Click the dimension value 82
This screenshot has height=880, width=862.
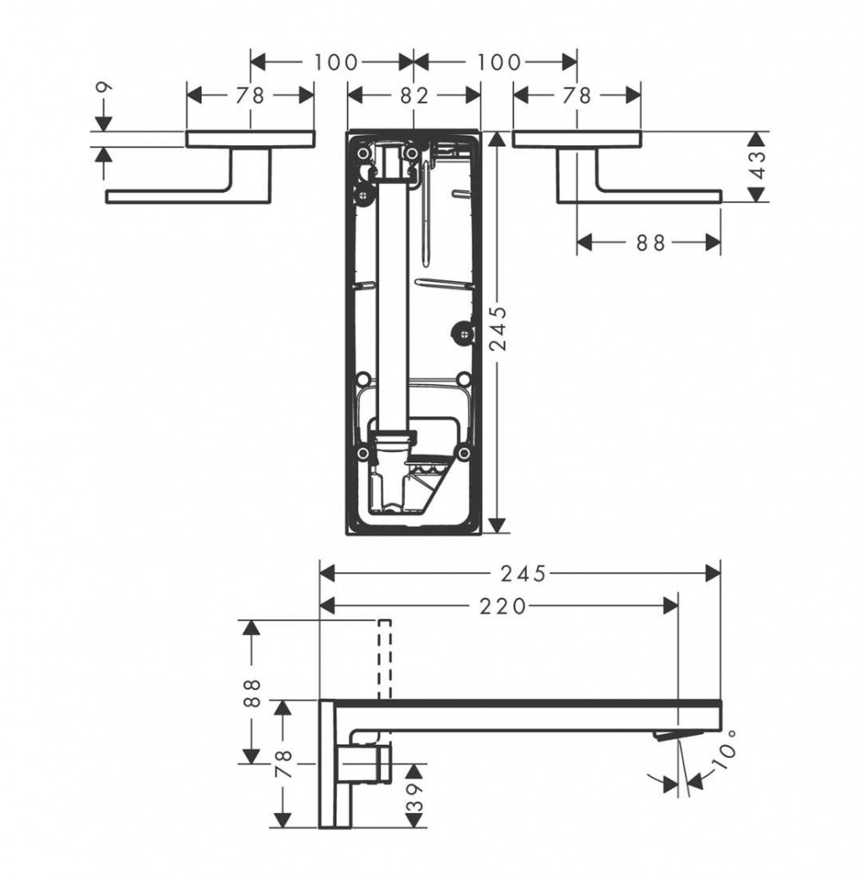(414, 96)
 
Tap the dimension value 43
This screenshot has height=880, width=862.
(757, 164)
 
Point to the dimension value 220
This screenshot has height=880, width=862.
(503, 606)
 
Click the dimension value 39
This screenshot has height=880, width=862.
(414, 797)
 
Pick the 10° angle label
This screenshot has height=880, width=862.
(724, 751)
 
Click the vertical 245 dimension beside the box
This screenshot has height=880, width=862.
(498, 328)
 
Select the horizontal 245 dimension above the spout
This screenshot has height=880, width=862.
(523, 573)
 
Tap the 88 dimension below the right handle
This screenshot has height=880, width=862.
(651, 243)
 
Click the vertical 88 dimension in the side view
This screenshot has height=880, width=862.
(253, 694)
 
